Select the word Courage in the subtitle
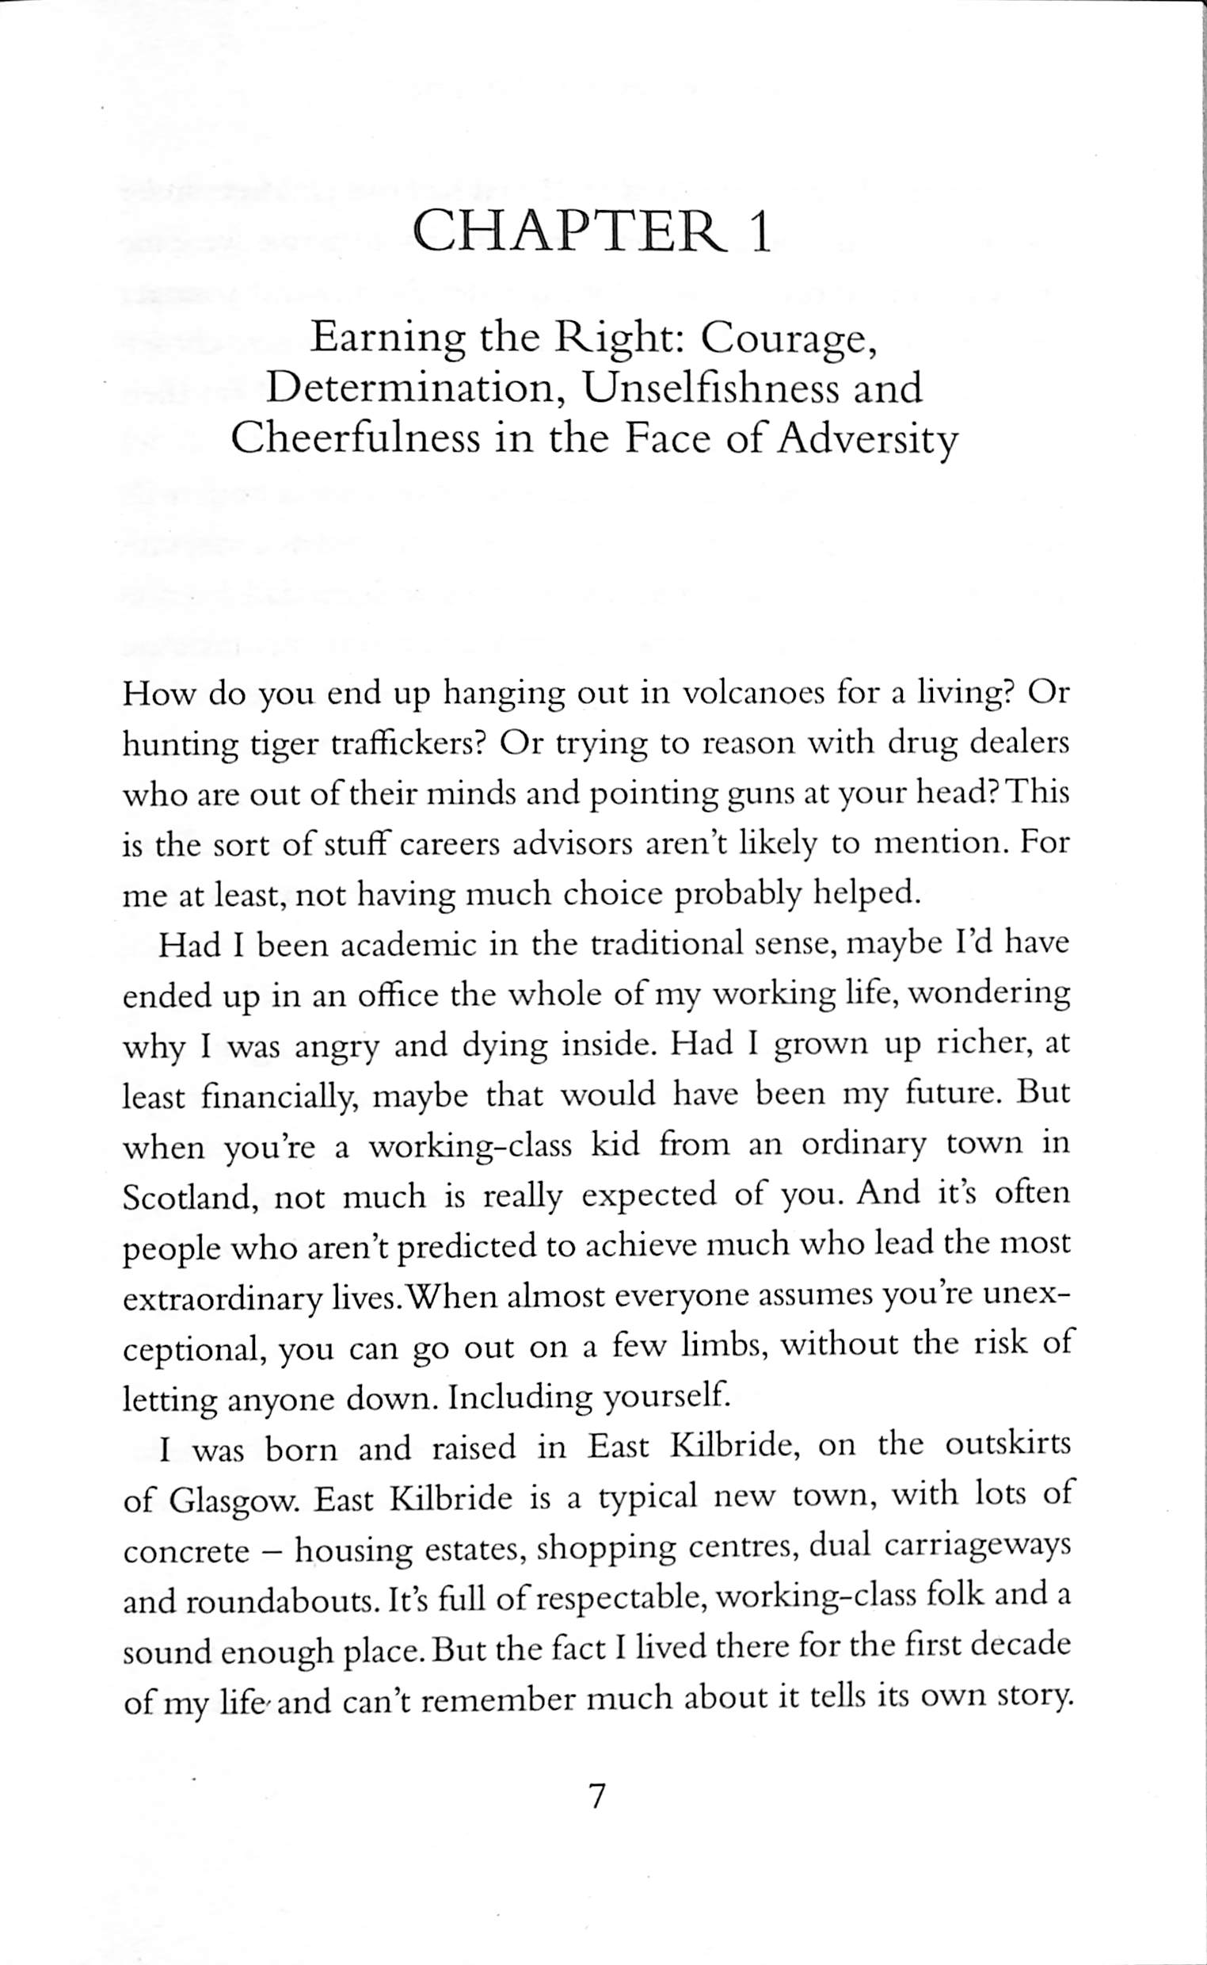794,339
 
